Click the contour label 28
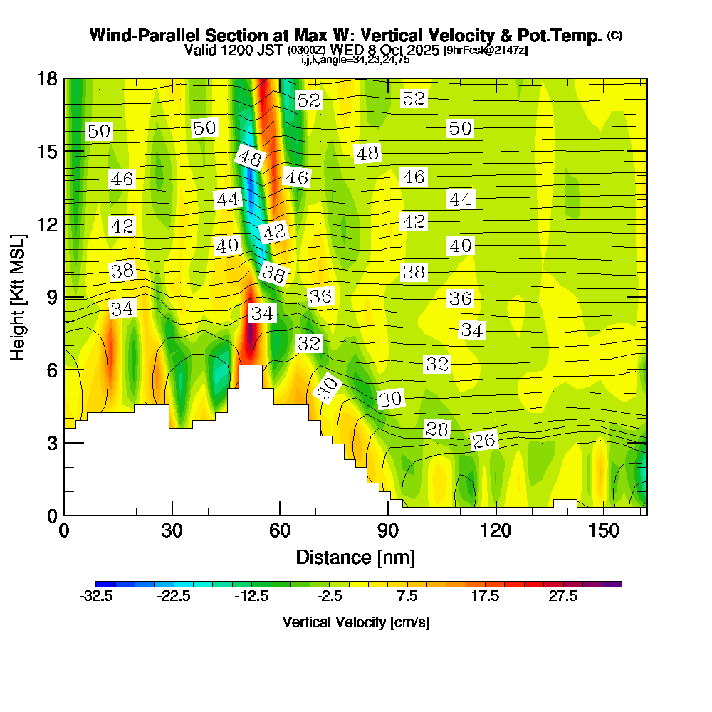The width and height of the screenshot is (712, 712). (437, 429)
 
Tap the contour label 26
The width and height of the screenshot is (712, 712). (484, 441)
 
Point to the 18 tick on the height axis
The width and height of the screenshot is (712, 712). (47, 78)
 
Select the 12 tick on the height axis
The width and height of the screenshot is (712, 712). (47, 224)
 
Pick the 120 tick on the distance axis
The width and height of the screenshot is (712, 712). (496, 532)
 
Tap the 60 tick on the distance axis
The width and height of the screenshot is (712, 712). (280, 532)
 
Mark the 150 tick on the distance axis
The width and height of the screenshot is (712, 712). (604, 532)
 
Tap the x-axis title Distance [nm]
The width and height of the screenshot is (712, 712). (355, 557)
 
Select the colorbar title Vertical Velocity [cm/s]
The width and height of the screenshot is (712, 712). (356, 622)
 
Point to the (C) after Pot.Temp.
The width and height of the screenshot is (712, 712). (615, 36)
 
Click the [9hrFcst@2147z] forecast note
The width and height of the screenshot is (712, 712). (485, 51)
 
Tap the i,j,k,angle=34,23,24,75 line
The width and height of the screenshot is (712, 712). (355, 60)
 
